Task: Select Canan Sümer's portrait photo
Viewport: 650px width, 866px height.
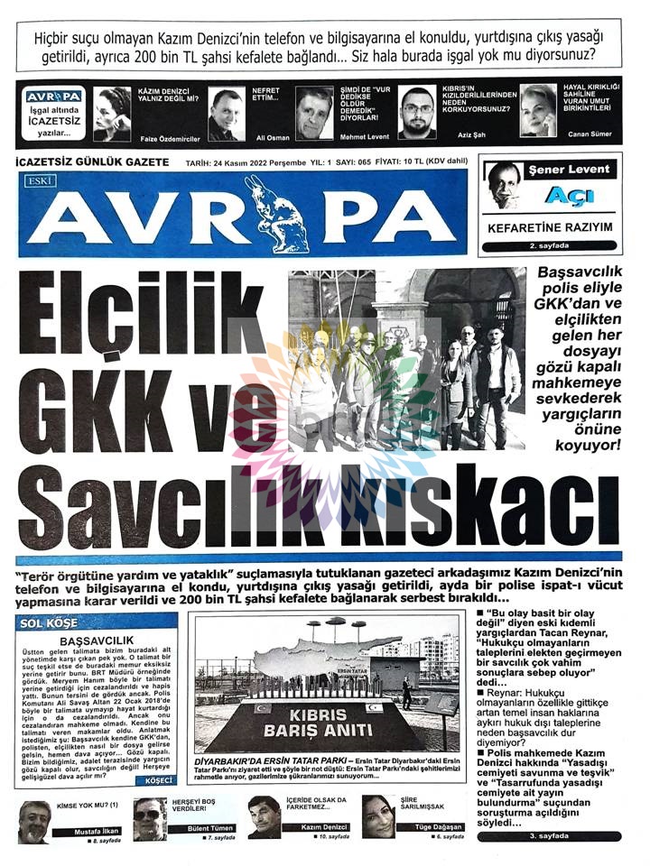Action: point(538,111)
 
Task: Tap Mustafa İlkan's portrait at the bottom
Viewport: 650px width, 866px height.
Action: point(34,821)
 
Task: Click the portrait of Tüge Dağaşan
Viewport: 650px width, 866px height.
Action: point(378,817)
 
